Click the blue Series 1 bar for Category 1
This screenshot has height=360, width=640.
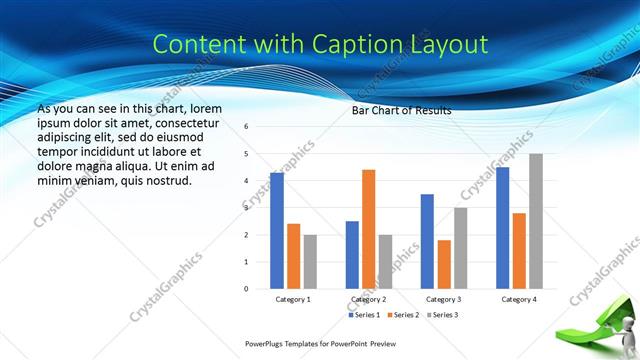pos(277,231)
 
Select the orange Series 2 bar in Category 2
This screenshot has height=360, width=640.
pos(369,229)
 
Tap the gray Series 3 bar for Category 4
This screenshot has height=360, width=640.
pos(536,221)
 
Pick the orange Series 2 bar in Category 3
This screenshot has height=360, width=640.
pos(444,264)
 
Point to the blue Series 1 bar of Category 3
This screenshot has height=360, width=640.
pos(427,241)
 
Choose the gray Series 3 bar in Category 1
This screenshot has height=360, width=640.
pos(310,262)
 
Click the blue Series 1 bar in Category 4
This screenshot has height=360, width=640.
pos(502,228)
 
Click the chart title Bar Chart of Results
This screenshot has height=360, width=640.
pos(401,111)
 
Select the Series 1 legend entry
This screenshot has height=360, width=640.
pos(363,315)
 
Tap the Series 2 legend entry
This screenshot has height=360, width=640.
pos(401,315)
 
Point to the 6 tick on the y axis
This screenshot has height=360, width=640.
pos(246,127)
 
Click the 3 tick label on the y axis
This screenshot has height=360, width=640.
pos(246,208)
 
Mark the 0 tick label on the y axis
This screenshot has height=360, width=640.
pos(246,289)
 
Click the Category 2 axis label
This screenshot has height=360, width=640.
pos(369,299)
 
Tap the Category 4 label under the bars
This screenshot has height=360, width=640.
pos(518,299)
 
